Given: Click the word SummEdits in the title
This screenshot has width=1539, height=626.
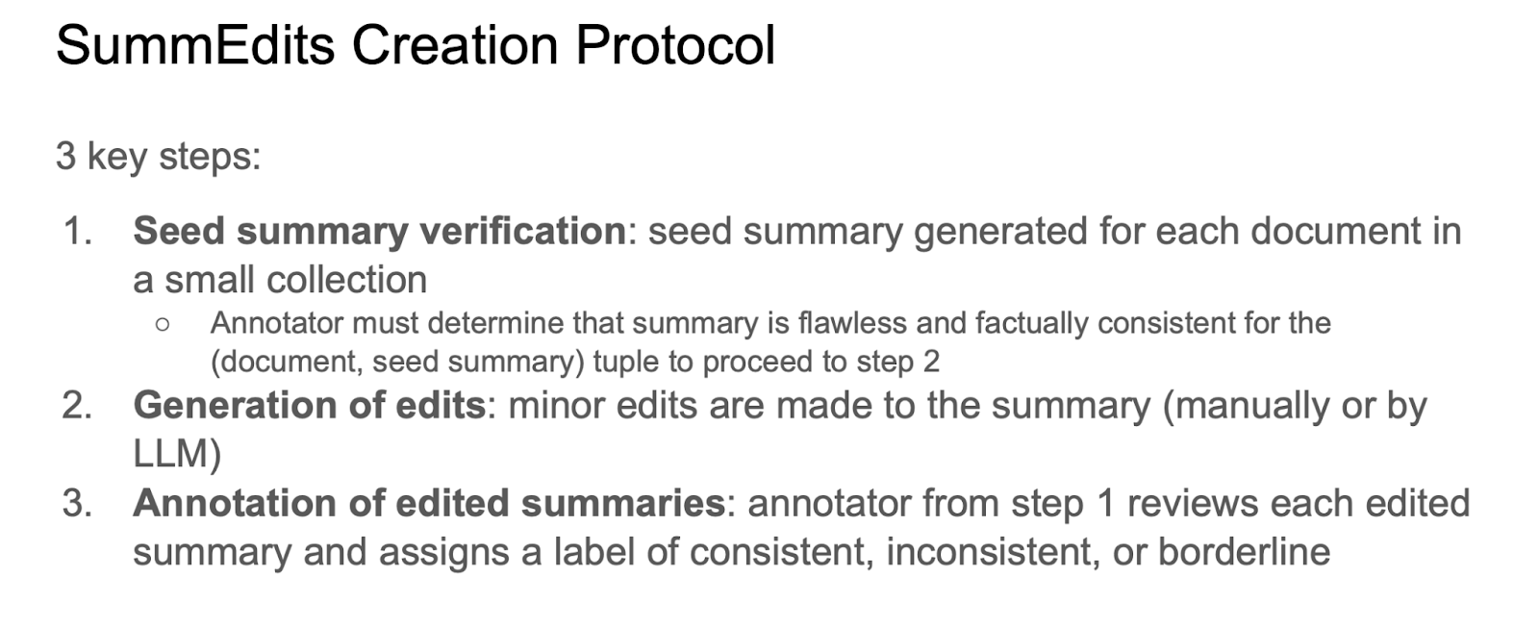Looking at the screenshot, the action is click(195, 45).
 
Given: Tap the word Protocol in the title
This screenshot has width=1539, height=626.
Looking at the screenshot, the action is click(675, 45).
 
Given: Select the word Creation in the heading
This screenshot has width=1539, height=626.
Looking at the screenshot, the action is click(455, 45).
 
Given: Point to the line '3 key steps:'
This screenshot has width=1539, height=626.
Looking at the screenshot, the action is click(158, 157).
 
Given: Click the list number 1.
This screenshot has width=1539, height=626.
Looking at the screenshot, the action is click(77, 231).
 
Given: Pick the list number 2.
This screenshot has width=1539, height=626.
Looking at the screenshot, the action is click(77, 405).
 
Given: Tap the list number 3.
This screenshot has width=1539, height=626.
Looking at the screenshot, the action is click(77, 503).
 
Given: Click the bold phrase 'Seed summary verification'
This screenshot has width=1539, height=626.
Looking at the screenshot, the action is click(379, 233).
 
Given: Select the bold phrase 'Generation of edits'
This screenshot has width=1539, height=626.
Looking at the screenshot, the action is click(309, 405).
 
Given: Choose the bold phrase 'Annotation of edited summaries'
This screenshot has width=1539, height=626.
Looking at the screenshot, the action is click(429, 503).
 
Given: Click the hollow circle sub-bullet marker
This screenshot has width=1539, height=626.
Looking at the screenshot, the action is click(163, 324).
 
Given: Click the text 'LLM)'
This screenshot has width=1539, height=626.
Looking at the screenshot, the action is click(177, 454).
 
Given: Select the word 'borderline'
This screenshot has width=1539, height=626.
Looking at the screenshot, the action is click(1245, 552).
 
